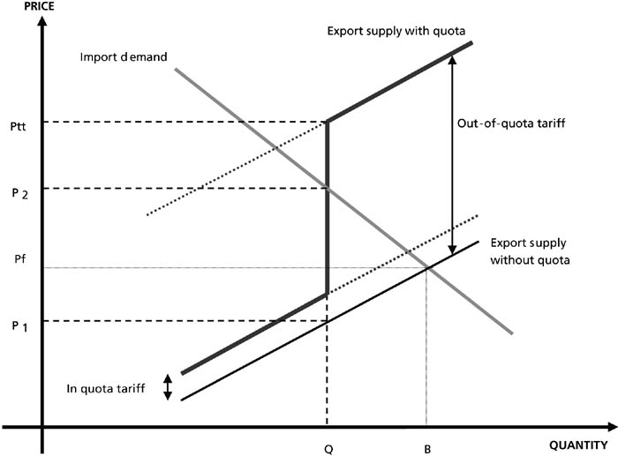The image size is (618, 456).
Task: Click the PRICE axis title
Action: tap(40, 6)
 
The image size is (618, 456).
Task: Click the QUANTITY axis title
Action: tap(578, 445)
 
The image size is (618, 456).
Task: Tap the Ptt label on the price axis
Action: tap(19, 126)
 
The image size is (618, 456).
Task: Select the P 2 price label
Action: tap(19, 193)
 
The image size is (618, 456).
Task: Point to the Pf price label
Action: tap(20, 258)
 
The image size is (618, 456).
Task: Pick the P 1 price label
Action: tap(19, 326)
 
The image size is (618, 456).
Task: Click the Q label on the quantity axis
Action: tap(328, 449)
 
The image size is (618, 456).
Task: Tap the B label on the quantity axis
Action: tap(427, 449)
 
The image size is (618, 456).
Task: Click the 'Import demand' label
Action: tap(124, 57)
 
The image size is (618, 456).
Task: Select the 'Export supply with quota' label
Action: tap(396, 31)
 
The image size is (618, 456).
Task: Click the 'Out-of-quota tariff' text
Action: tap(511, 123)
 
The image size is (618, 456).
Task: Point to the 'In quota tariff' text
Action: tap(106, 389)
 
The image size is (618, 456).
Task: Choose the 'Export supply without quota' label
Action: tap(530, 251)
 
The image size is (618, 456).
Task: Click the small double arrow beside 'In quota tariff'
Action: tap(168, 387)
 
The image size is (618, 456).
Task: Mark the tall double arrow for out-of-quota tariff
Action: tap(452, 153)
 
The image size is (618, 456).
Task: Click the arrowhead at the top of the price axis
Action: tap(41, 19)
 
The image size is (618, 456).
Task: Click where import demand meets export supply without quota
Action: tap(427, 268)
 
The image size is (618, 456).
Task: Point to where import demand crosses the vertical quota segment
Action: tap(328, 188)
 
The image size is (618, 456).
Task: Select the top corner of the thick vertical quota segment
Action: tap(328, 121)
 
